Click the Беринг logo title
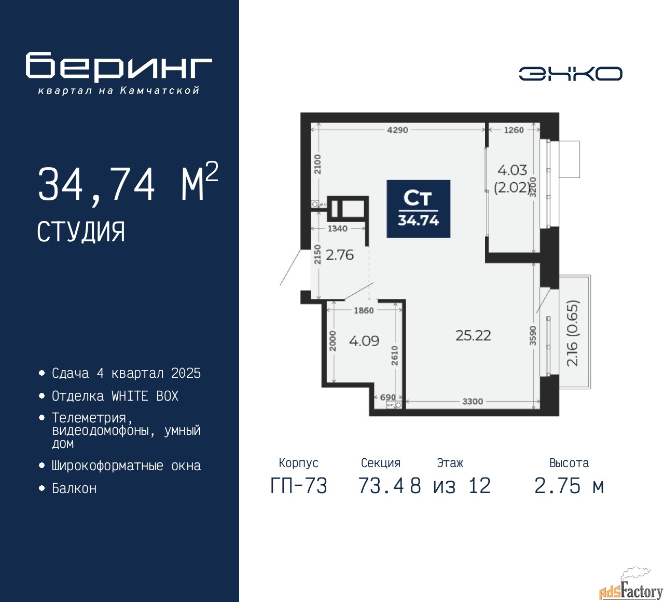[119, 66]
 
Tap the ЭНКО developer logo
[570, 74]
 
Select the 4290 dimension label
[397, 130]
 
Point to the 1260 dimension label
[514, 130]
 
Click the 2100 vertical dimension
[317, 164]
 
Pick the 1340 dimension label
[337, 228]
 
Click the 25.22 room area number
[473, 335]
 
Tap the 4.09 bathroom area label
[364, 341]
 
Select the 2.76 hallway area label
[340, 255]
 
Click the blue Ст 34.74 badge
[419, 209]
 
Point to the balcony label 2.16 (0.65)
[572, 333]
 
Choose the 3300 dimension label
[473, 401]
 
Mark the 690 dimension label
[388, 397]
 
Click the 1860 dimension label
[364, 310]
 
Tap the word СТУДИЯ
[81, 232]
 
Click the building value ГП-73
[299, 486]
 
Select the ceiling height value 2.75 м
[569, 486]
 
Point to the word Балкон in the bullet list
[74, 488]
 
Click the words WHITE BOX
[145, 396]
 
